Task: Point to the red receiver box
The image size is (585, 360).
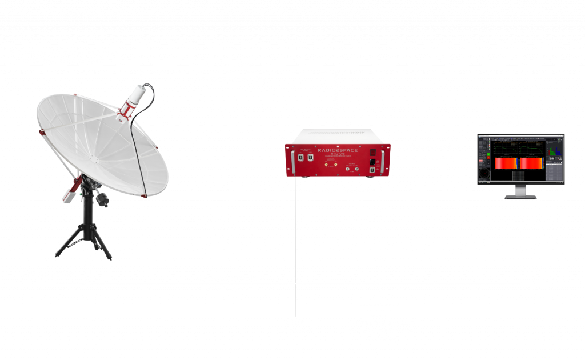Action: pos(337,161)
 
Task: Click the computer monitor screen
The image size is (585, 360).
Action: pos(520,158)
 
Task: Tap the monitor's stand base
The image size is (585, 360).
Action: pos(520,197)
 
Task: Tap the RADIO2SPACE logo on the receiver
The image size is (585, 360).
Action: pos(337,148)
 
